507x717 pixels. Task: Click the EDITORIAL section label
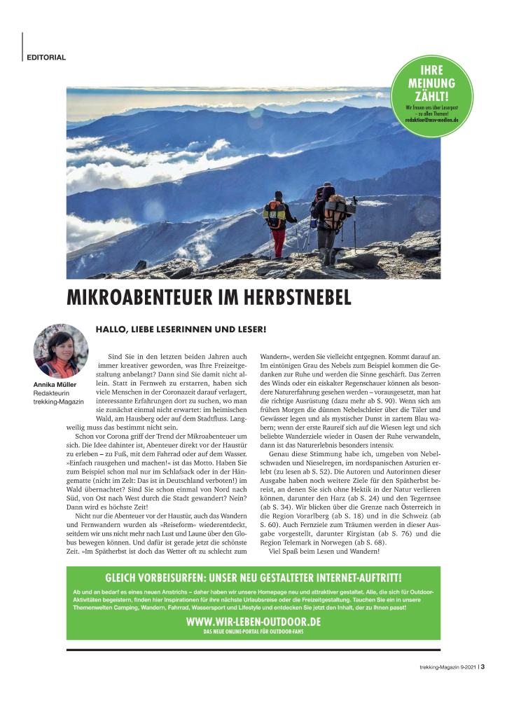click(x=47, y=57)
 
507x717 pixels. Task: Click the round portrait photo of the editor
click(x=61, y=351)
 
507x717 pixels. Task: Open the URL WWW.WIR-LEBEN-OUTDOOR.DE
click(x=253, y=622)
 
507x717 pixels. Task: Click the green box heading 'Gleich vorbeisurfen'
click(x=253, y=578)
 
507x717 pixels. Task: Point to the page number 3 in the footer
click(x=483, y=667)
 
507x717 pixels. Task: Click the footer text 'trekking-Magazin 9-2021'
click(x=440, y=667)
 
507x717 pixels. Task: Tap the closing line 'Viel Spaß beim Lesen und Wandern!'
click(x=324, y=550)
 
